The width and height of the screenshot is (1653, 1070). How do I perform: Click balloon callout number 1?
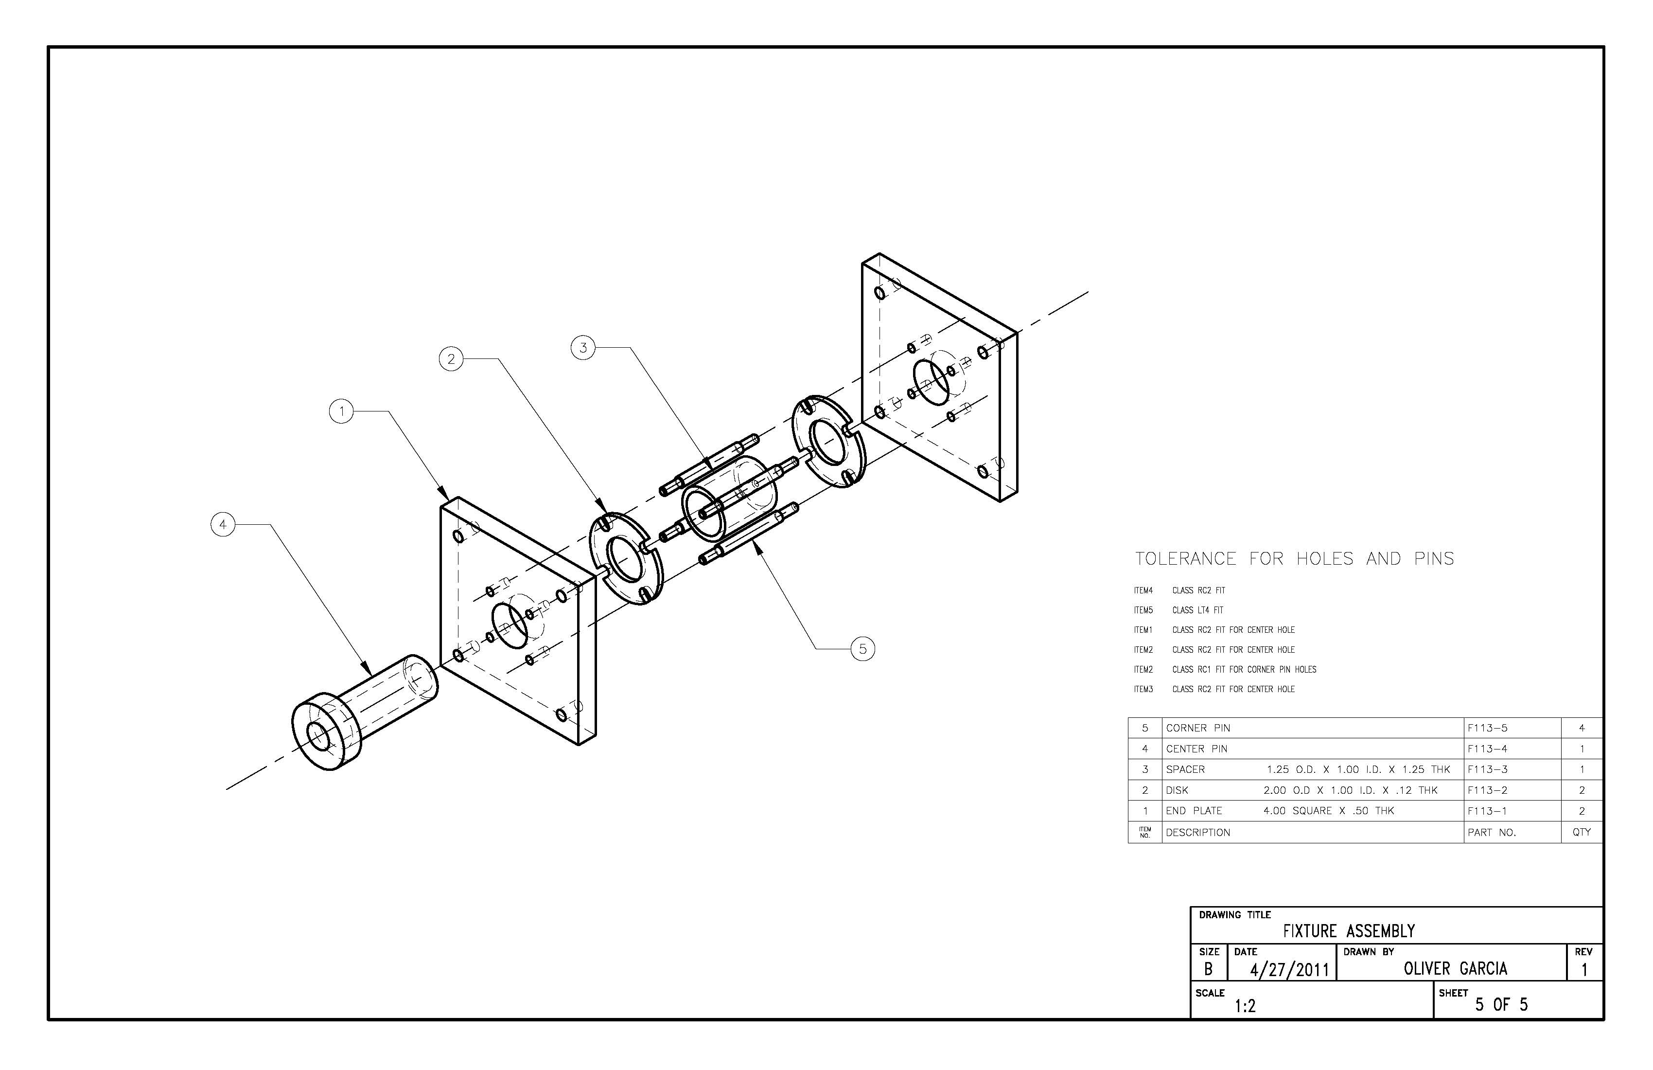click(341, 412)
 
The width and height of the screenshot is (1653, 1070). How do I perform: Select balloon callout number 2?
click(452, 358)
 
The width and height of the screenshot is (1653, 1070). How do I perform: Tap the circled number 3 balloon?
click(583, 347)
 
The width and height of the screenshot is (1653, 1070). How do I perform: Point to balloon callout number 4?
click(223, 525)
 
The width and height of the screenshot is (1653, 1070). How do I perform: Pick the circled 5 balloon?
click(862, 649)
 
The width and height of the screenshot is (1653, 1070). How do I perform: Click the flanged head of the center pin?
click(325, 731)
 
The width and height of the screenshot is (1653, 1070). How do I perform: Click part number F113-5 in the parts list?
click(1487, 728)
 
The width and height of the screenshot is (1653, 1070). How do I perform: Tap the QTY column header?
click(1582, 832)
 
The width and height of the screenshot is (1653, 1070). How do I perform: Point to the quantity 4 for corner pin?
click(1582, 728)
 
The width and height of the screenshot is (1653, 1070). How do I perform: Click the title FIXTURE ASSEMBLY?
click(1349, 931)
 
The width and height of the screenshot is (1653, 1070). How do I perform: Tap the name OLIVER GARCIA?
click(1456, 968)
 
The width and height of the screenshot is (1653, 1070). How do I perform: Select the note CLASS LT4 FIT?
click(1198, 610)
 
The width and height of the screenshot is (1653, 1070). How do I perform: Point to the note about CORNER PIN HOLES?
click(1245, 670)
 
